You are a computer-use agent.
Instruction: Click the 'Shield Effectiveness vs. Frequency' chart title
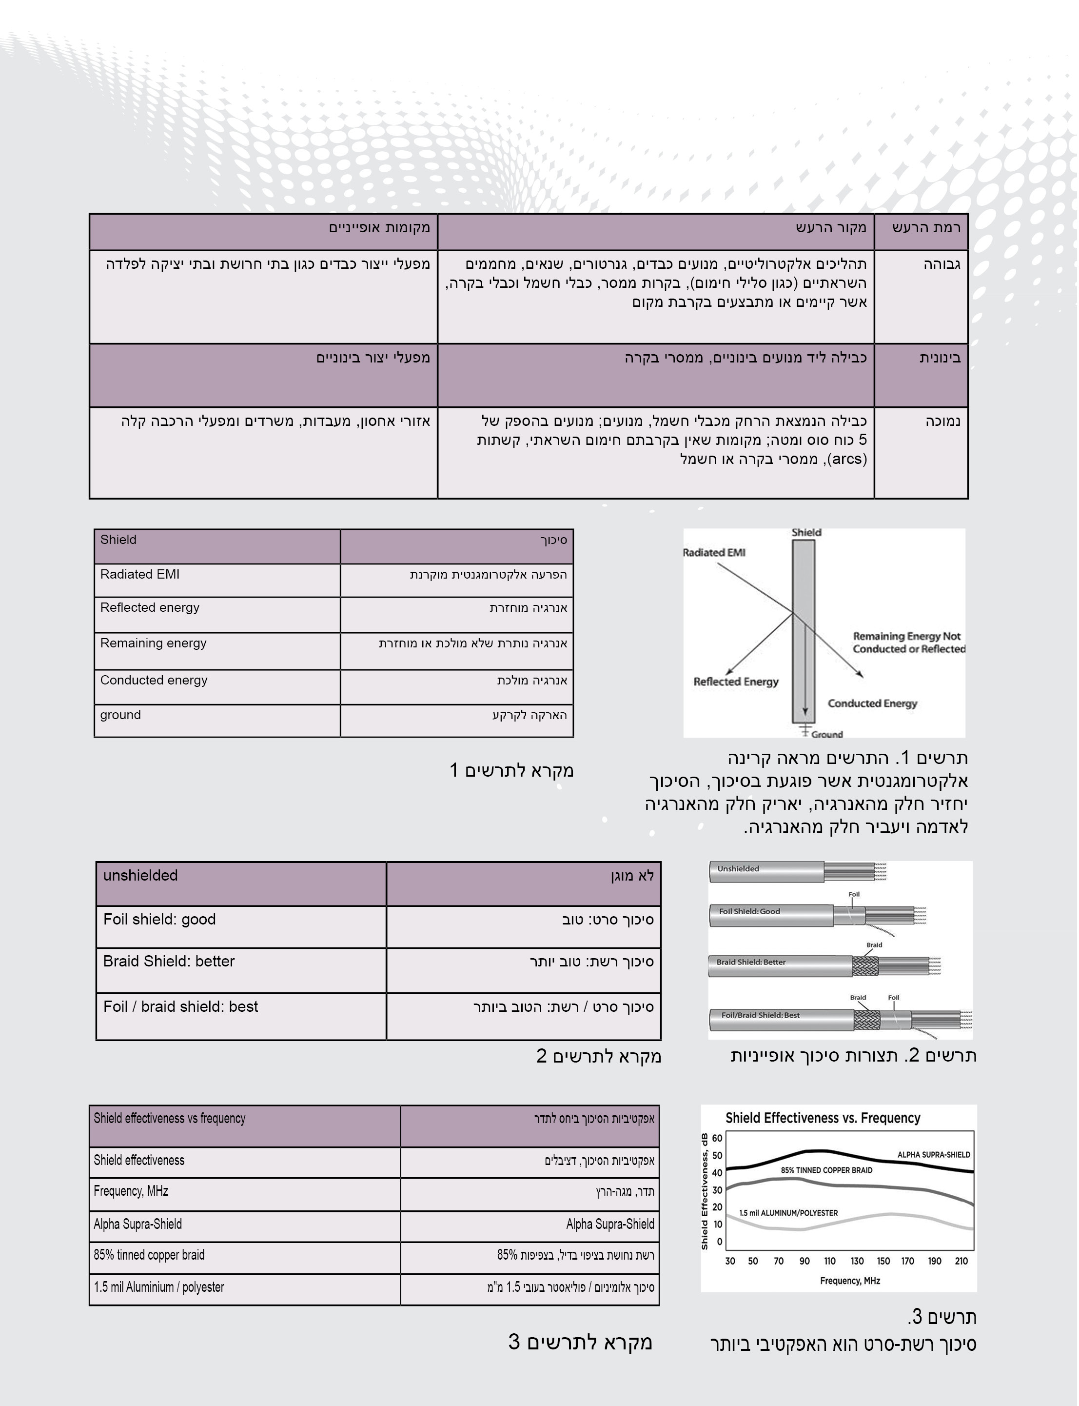[x=823, y=1118]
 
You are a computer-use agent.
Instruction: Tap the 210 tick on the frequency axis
[x=961, y=1261]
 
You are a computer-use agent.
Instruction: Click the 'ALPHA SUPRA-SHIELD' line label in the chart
[x=933, y=1155]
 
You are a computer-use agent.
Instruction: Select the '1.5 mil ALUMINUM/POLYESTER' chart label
[x=788, y=1213]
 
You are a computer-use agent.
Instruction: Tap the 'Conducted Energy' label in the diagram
[x=872, y=703]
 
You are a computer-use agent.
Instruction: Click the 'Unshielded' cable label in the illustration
[x=738, y=869]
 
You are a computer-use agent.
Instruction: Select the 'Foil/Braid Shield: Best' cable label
[x=761, y=1015]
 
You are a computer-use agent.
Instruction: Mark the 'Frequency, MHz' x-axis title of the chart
[x=850, y=1281]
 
